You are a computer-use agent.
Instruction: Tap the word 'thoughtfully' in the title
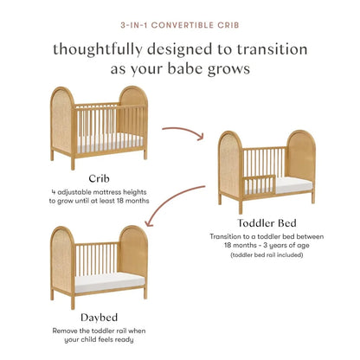[96, 50]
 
